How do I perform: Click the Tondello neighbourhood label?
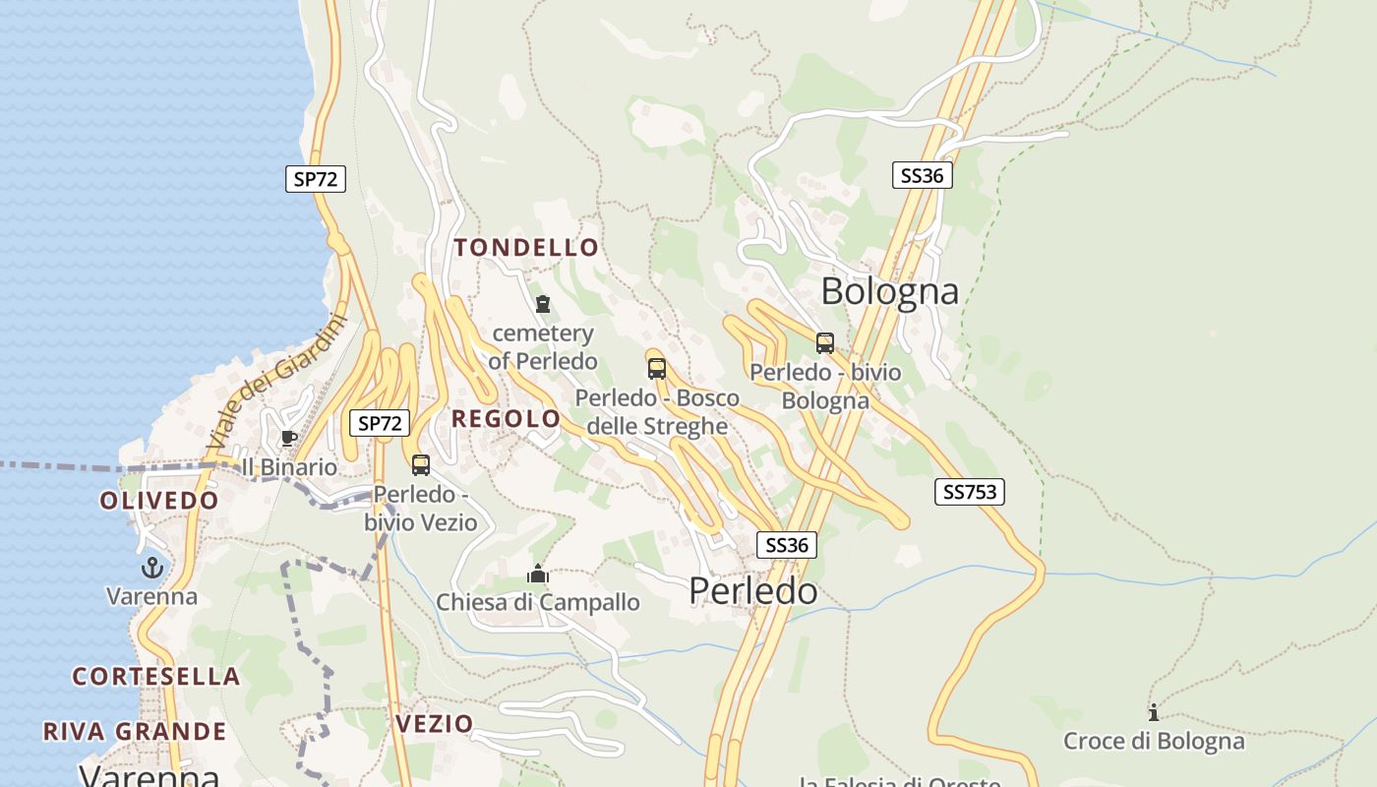526,248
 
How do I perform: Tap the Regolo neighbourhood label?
506,419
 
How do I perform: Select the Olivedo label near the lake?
159,501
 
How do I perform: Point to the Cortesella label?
156,677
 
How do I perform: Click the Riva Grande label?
135,732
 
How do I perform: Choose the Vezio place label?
435,724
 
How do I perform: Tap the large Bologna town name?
889,291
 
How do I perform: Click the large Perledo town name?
752,591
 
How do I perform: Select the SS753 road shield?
969,492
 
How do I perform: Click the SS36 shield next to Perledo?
787,545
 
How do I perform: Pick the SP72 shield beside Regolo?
380,424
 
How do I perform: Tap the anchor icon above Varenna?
151,568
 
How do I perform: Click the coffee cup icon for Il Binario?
288,438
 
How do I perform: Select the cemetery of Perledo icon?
543,304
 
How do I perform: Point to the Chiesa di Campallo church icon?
538,574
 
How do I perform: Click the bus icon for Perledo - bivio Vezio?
421,465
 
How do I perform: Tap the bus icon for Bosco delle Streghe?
657,369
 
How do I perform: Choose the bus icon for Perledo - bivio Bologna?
825,343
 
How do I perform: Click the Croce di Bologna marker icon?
1154,712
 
